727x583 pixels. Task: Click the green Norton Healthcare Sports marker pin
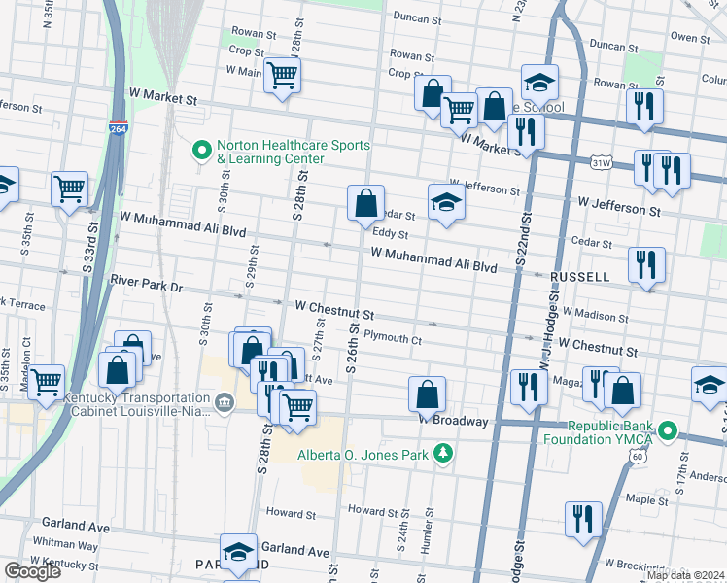(202, 151)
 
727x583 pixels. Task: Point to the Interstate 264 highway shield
(117, 129)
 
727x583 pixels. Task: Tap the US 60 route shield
(637, 456)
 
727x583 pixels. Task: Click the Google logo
(32, 572)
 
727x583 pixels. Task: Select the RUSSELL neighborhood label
(579, 277)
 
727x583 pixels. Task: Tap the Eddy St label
(390, 234)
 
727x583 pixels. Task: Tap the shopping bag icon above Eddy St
(366, 204)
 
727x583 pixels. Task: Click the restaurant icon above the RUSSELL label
(646, 263)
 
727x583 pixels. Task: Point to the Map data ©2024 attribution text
(686, 575)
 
